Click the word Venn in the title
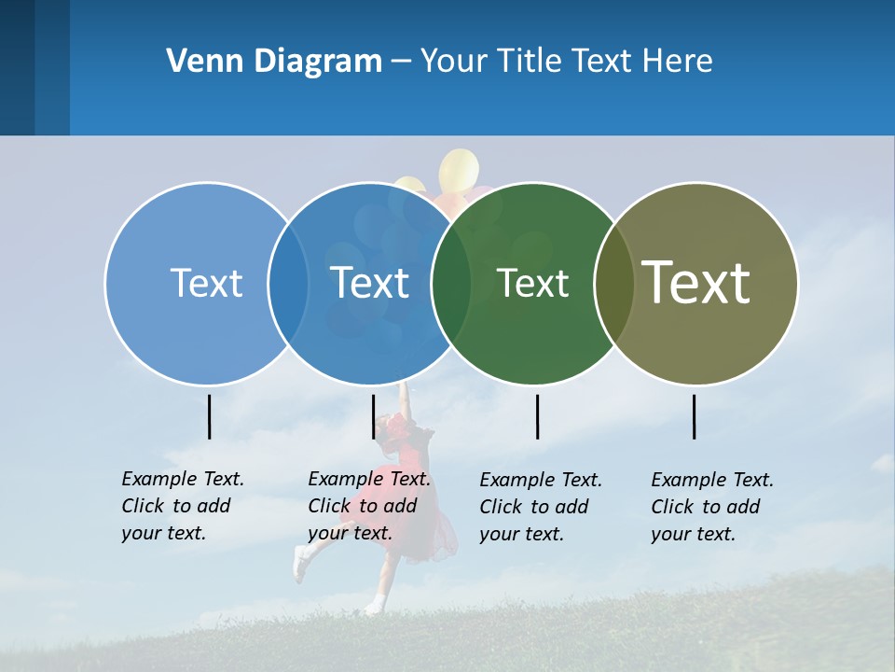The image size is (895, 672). click(x=203, y=62)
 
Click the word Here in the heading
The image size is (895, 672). click(x=678, y=62)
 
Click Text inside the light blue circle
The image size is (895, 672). click(x=206, y=283)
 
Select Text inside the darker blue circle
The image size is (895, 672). click(x=370, y=283)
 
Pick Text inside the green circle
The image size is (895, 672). click(x=532, y=283)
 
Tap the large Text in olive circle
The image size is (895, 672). click(x=696, y=282)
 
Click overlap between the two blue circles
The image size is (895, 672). click(x=288, y=283)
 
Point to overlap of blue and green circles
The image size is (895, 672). click(x=451, y=283)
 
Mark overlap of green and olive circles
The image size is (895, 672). click(x=613, y=283)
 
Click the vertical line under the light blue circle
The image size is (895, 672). click(x=209, y=416)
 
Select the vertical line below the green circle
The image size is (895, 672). click(x=537, y=416)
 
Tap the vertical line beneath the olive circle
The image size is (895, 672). click(x=694, y=416)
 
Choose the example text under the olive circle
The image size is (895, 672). click(x=711, y=507)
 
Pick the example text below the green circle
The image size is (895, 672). click(x=540, y=507)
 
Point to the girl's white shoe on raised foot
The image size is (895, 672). click(x=300, y=562)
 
